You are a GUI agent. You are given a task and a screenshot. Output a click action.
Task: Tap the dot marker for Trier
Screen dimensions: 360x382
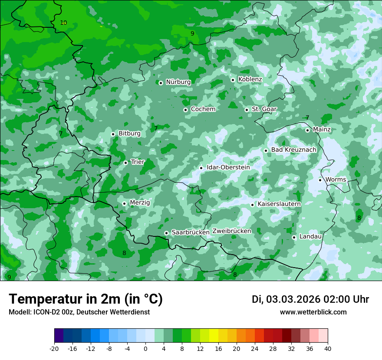pos(125,163)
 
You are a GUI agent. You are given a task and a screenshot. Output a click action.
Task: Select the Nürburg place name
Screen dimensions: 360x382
pos(178,82)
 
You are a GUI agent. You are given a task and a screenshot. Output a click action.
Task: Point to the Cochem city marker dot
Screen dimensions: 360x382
pos(185,110)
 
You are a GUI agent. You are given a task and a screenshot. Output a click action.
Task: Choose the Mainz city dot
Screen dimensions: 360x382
pos(307,130)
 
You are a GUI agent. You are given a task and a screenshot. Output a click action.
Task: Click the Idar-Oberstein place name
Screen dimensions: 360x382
pos(228,167)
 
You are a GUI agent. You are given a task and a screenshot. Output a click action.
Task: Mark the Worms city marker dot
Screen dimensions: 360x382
pos(320,180)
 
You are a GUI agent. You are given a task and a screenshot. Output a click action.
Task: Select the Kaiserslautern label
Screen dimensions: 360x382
pos(279,204)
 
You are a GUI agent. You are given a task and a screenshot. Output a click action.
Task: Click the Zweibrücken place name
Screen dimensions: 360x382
pos(231,231)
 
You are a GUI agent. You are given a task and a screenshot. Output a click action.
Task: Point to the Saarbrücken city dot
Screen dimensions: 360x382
pos(166,233)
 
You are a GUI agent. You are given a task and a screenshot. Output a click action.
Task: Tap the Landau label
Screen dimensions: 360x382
pos(310,236)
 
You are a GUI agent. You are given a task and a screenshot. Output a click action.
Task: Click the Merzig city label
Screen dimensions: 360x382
pos(140,203)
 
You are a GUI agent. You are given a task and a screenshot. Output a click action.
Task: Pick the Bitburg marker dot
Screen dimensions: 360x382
pos(113,134)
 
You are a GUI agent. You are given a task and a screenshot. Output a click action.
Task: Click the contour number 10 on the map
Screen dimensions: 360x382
pos(63,23)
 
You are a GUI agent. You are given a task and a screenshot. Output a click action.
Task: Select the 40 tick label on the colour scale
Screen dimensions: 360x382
pos(328,349)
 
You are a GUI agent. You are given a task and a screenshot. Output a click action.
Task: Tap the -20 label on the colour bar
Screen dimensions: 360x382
pos(54,349)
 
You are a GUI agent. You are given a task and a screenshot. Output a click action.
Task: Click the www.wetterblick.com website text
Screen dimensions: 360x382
pos(313,312)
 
